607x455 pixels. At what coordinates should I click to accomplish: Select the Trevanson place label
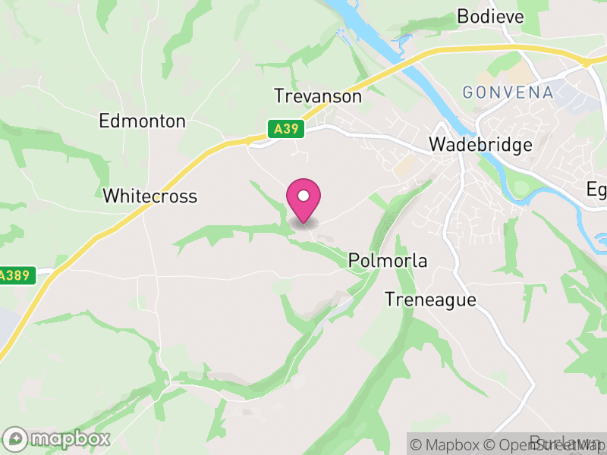tap(318, 97)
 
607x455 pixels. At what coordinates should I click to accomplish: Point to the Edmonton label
tap(142, 121)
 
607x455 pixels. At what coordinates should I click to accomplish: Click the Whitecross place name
tap(149, 196)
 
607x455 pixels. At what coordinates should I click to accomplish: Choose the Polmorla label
tap(388, 261)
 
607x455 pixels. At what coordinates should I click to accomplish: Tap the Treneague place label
tap(430, 300)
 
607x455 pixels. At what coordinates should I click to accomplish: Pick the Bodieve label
tap(491, 16)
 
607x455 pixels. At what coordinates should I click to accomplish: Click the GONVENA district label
tap(508, 93)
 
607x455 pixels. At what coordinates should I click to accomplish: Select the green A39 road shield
tap(285, 130)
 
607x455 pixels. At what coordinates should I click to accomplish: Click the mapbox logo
tap(57, 438)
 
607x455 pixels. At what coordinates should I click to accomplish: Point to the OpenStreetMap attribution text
tap(549, 444)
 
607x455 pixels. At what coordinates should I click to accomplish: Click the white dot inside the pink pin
tap(303, 196)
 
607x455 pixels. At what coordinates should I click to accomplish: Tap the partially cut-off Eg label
tap(597, 190)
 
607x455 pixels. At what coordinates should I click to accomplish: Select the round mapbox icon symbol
tap(16, 438)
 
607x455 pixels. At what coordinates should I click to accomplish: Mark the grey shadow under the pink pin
tap(303, 223)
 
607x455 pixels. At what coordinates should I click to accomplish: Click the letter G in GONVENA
tap(468, 93)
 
